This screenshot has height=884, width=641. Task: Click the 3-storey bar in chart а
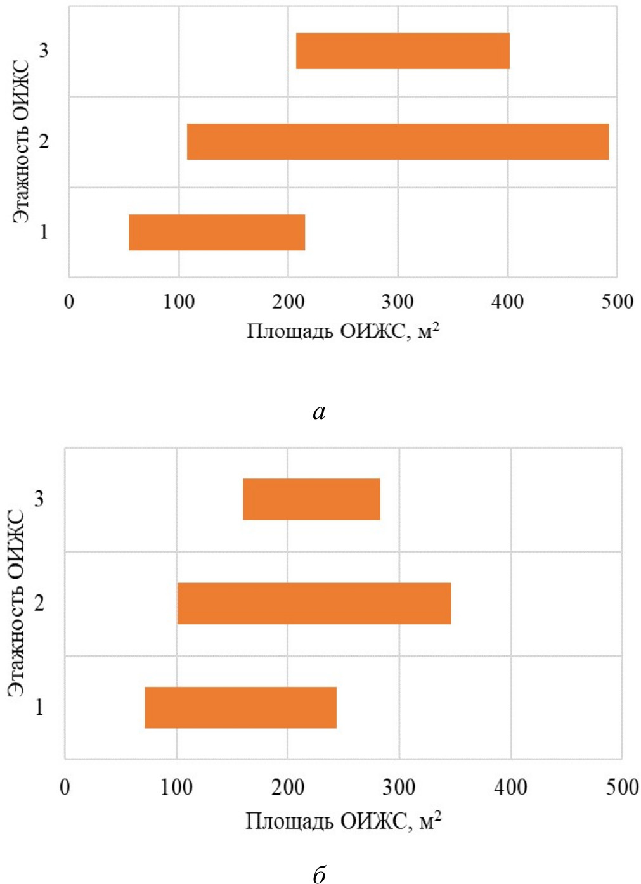click(x=403, y=51)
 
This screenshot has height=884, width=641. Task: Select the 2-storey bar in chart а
click(x=398, y=141)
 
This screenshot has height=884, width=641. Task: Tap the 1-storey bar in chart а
click(x=217, y=232)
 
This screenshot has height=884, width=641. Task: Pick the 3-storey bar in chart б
click(x=311, y=499)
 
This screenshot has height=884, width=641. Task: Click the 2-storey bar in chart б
click(x=314, y=603)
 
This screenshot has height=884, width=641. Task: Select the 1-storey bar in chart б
click(x=240, y=707)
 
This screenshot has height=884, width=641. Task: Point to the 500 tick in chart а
click(x=617, y=302)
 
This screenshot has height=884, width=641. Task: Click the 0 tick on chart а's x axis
click(x=69, y=302)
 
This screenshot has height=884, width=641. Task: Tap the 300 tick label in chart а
click(x=398, y=302)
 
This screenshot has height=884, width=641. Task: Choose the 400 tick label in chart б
click(x=510, y=787)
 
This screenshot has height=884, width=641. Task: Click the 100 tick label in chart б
click(x=176, y=787)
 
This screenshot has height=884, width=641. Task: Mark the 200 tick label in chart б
click(x=288, y=787)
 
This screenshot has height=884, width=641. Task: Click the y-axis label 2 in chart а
click(x=44, y=141)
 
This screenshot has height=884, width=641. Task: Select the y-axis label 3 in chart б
click(x=39, y=499)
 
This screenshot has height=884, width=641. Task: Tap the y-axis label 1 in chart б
click(x=39, y=707)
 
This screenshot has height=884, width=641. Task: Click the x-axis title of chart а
click(x=343, y=331)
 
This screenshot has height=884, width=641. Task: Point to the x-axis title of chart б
click(x=343, y=821)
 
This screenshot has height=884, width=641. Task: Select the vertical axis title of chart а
click(x=22, y=141)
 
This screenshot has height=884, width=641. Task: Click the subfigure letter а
click(x=319, y=413)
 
